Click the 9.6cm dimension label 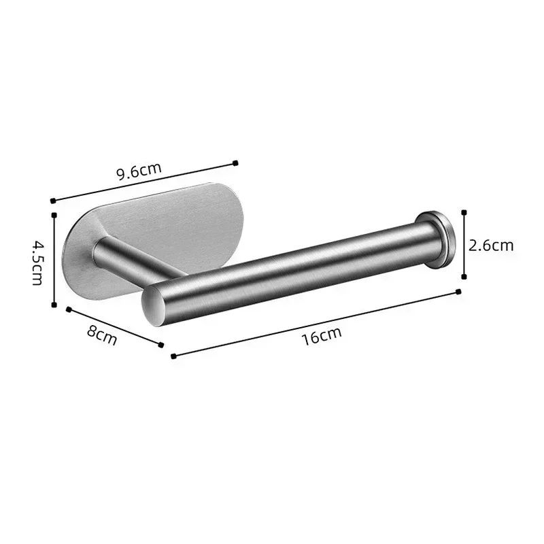[x=139, y=170]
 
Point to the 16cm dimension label [x=322, y=335]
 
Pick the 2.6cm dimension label [x=491, y=245]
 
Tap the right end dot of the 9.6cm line [x=235, y=163]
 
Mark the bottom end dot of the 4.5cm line [x=53, y=305]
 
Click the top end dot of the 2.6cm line [x=464, y=211]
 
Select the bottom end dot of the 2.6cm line [x=464, y=276]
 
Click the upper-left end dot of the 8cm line [x=68, y=309]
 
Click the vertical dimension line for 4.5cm [x=53, y=258]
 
